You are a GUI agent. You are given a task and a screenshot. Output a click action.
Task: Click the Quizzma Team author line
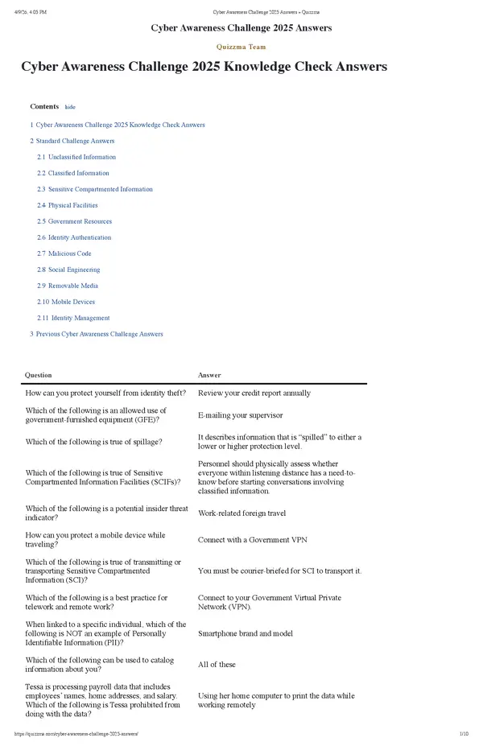coord(241,47)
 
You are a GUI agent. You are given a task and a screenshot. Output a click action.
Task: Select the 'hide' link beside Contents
coord(70,107)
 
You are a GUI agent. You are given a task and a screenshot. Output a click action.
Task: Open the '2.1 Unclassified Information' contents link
coord(76,157)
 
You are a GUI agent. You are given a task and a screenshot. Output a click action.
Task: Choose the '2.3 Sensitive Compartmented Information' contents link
coord(94,189)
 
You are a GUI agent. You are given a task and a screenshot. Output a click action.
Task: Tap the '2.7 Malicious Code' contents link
coord(64,253)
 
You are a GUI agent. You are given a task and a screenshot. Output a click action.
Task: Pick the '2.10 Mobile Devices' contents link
coord(66,302)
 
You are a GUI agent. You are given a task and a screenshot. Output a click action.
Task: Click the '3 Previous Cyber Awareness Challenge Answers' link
coord(97,334)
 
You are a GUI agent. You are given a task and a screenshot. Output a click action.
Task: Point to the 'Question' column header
coord(39,375)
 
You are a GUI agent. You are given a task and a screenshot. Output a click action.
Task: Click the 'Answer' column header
coord(209,375)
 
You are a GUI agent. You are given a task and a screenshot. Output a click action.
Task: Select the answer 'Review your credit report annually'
coord(254,394)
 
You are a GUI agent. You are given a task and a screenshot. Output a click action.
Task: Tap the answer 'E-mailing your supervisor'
coord(240,415)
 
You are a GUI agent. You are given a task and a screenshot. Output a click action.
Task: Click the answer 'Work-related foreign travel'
coord(242,513)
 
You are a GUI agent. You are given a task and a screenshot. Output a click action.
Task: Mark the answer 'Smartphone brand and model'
coord(246,633)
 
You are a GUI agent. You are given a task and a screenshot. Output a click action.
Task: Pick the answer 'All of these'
coord(217,665)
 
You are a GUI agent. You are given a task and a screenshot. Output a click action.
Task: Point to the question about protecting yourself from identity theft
coord(105,394)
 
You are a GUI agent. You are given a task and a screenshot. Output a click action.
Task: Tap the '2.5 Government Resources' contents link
coord(74,221)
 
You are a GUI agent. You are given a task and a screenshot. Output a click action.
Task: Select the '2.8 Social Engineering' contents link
coord(71,270)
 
